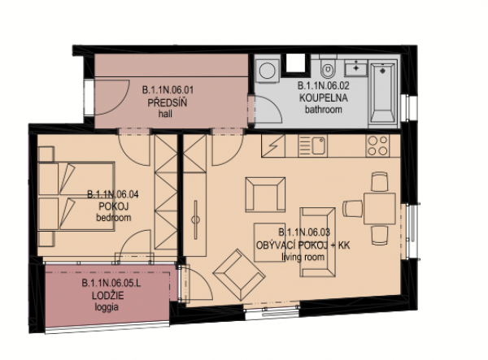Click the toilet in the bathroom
coord(328,67)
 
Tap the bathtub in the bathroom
coord(382,93)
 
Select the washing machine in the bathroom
coord(266,72)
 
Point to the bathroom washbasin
coord(355,68)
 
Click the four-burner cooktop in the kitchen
coord(378,145)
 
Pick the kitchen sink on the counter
coord(312,145)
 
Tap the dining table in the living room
coord(380,208)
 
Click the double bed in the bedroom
coord(76,196)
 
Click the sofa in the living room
coord(317,242)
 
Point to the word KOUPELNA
coord(324,98)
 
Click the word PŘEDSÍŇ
coord(167,103)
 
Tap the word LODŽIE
coord(107,296)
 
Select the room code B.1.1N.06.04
coord(113,194)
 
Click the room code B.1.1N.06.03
coord(304,232)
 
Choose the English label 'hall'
coord(165,114)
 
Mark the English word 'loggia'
coord(107,307)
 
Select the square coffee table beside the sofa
coord(269,242)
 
